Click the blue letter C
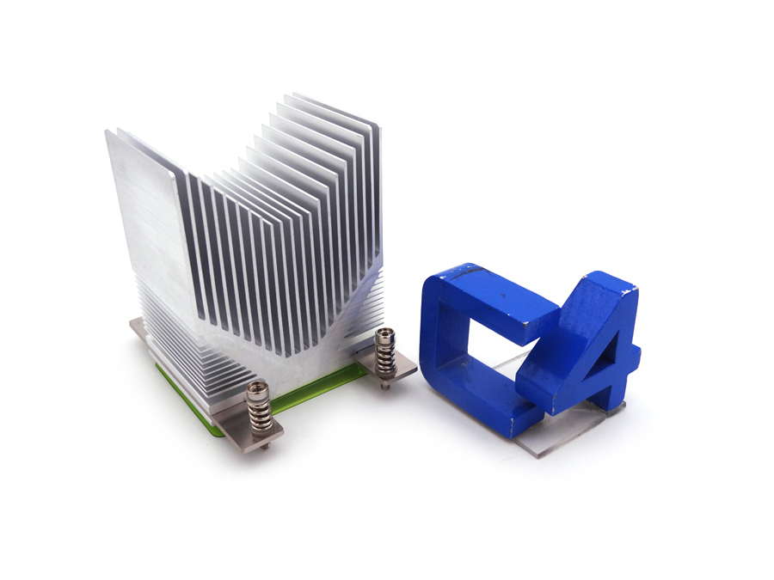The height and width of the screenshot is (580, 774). [447, 344]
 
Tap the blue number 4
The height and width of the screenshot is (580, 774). [593, 344]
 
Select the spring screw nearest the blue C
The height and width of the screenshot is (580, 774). [384, 351]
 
